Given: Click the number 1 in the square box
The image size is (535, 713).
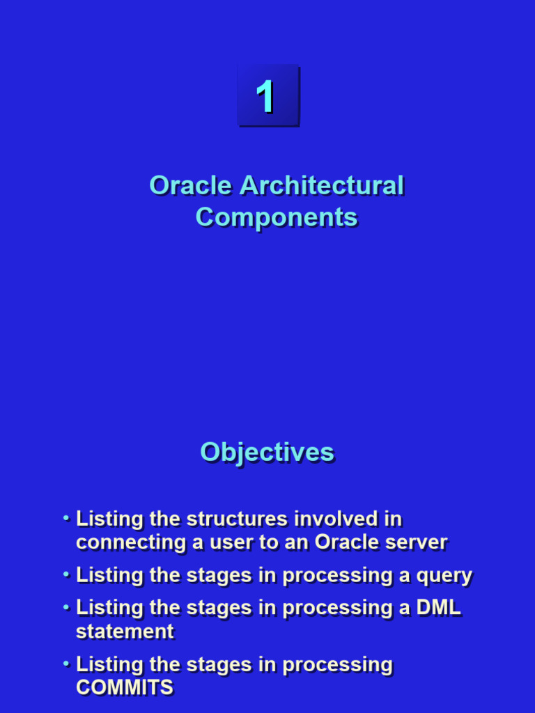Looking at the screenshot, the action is click(x=265, y=96).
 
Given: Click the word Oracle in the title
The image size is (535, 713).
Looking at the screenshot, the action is click(x=191, y=185).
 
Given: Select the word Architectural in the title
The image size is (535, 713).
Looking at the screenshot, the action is click(x=322, y=185).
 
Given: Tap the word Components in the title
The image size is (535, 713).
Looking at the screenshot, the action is click(x=277, y=218).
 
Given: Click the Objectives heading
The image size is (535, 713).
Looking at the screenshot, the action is click(x=267, y=453).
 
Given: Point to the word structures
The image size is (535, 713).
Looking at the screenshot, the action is click(x=237, y=519).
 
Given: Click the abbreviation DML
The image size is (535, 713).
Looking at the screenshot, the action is click(x=439, y=608).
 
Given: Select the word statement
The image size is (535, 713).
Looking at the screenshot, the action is click(x=125, y=632).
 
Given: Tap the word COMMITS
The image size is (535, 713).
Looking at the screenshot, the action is click(x=125, y=687).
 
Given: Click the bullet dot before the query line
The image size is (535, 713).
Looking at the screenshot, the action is click(x=66, y=574).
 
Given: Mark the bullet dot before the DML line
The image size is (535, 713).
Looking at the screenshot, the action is click(x=66, y=607).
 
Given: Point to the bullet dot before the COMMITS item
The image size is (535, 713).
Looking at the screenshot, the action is click(x=66, y=664).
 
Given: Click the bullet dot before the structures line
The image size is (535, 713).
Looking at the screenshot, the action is click(x=66, y=518).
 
